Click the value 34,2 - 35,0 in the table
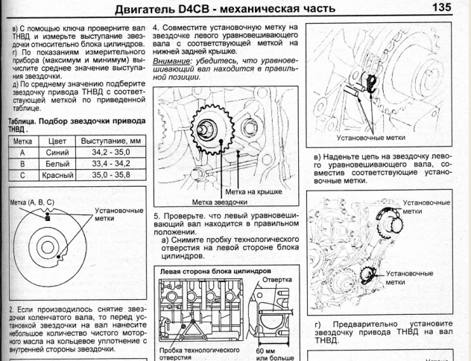109,151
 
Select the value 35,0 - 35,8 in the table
109,176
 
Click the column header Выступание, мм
109,140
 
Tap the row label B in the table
22,163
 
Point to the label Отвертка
275,281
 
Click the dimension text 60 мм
266,348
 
